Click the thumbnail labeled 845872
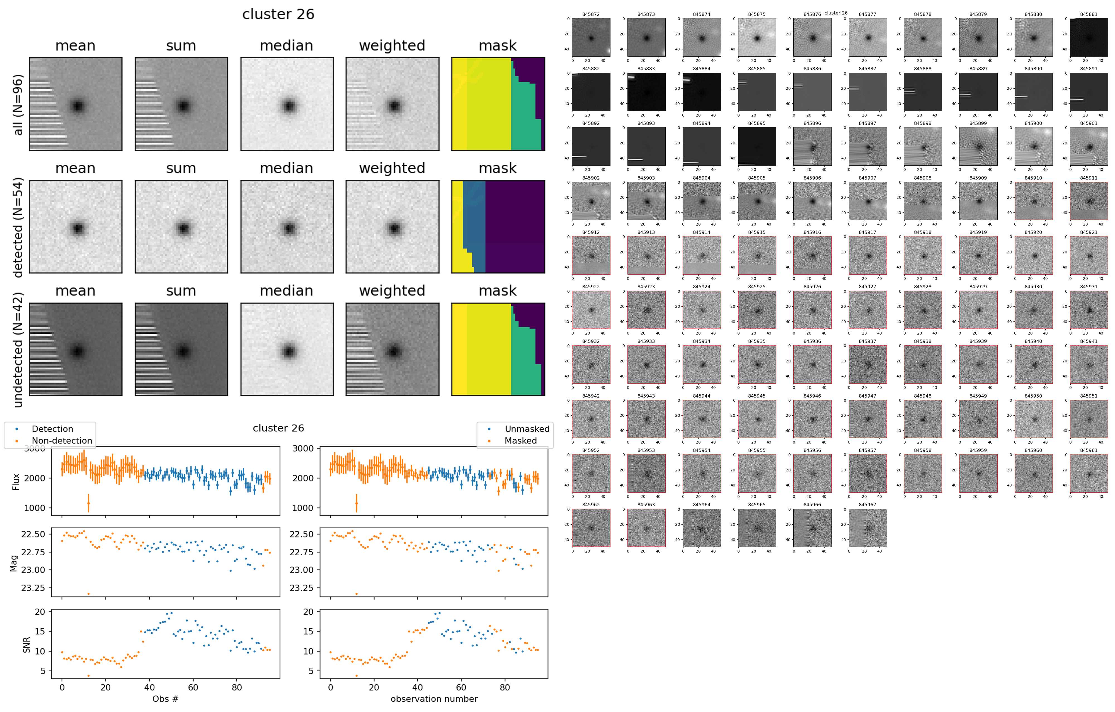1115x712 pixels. point(591,38)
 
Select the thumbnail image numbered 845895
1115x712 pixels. point(757,146)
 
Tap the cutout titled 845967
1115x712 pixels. point(867,528)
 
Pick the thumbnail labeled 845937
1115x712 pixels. point(867,364)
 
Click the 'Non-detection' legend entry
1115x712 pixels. point(62,441)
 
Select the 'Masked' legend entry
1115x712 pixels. point(520,441)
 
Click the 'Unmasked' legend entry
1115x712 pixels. point(527,429)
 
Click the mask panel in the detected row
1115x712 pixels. point(498,227)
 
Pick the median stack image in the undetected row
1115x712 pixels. point(287,350)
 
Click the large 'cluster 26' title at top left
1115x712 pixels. point(278,14)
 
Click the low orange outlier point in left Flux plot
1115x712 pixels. point(88,503)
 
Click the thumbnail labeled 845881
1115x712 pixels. point(1089,38)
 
